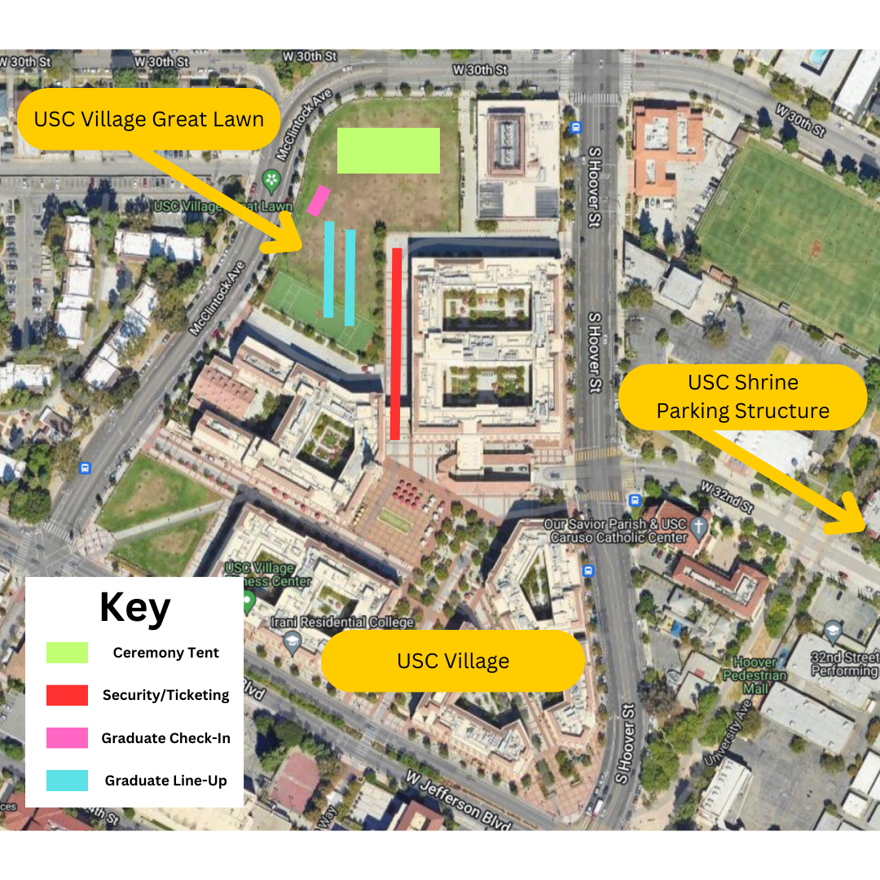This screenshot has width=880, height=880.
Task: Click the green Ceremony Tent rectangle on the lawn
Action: coord(389,151)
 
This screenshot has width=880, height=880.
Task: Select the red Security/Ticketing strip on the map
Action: coord(396,343)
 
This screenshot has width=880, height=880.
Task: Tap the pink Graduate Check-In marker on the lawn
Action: coord(318,200)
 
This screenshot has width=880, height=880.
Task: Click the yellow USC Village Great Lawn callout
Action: coord(149,120)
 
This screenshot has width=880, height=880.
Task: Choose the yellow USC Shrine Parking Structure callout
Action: coord(742,397)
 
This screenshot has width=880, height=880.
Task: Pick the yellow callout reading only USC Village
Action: coord(452,661)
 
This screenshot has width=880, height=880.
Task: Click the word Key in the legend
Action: coord(134,607)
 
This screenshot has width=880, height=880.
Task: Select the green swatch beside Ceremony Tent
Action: coord(67,653)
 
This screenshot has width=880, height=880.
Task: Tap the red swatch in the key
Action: coord(67,695)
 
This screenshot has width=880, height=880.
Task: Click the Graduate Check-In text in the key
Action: coord(165,738)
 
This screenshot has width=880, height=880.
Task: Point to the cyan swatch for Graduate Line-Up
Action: coord(67,781)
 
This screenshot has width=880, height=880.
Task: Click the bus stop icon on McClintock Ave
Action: coord(85,469)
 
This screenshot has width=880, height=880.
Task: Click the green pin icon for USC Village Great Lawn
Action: coord(271,178)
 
